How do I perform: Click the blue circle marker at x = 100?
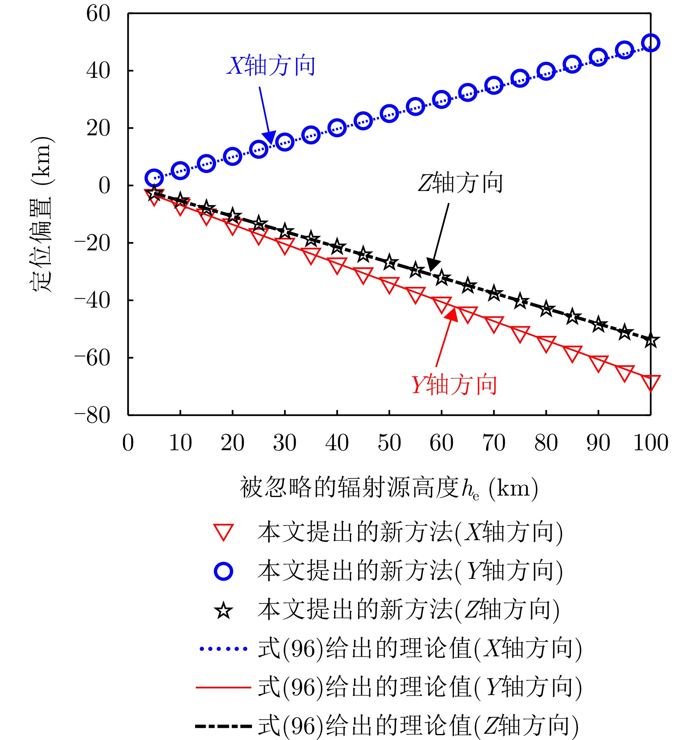click(651, 43)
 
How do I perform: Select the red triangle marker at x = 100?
click(651, 382)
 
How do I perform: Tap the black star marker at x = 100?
click(651, 340)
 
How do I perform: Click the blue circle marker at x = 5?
click(154, 178)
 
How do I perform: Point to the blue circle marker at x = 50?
click(389, 114)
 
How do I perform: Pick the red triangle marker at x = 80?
click(546, 343)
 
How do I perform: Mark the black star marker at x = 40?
click(337, 246)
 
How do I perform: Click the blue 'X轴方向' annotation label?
click(271, 66)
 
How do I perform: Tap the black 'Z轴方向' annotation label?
click(460, 183)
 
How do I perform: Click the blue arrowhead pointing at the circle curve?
click(269, 137)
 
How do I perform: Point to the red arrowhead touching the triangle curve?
click(452, 315)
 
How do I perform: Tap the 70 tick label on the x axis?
click(494, 443)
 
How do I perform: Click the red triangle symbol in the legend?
click(223, 532)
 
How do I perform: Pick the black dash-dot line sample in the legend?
click(223, 726)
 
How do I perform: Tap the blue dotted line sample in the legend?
click(223, 649)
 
